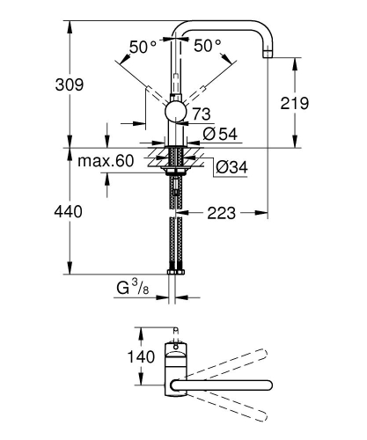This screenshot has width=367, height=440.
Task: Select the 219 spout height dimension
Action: [295, 104]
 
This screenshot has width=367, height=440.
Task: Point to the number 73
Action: [202, 114]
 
